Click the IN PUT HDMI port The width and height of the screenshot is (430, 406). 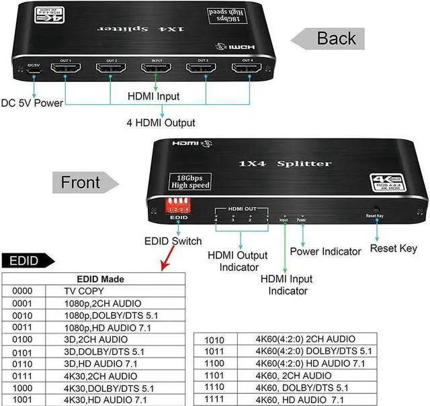[x=156, y=69]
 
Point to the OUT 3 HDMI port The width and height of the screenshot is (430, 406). [x=202, y=69]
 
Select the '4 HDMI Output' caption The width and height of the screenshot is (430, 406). [x=161, y=122]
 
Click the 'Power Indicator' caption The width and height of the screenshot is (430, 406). [x=325, y=251]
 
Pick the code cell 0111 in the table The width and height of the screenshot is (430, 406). [x=24, y=376]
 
